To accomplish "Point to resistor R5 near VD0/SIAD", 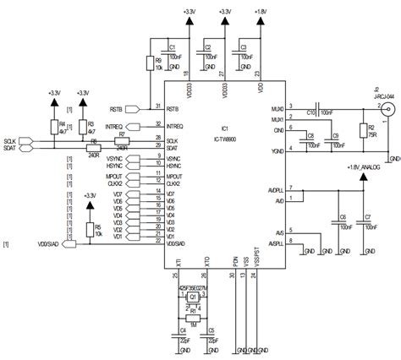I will pyautogui.click(x=90, y=205).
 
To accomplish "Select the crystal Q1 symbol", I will pyautogui.click(x=192, y=297).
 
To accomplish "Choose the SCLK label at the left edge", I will pyautogui.click(x=10, y=140).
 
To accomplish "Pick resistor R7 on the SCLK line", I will pyautogui.click(x=122, y=140).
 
